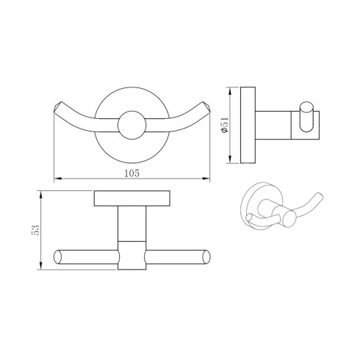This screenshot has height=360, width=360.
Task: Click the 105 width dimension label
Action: [132, 173]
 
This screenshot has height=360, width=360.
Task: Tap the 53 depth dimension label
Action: [35, 230]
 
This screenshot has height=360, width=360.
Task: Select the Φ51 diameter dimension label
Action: [225, 125]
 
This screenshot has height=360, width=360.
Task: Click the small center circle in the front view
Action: [132, 125]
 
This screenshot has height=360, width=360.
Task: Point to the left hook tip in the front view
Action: [57, 107]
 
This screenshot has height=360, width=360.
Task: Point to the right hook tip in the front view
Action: [206, 107]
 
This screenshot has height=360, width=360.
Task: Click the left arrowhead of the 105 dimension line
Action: [57, 179]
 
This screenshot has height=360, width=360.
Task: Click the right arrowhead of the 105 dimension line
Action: [206, 179]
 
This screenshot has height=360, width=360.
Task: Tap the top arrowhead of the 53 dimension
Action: [41, 194]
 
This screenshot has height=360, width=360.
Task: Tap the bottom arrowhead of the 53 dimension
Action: [41, 266]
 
